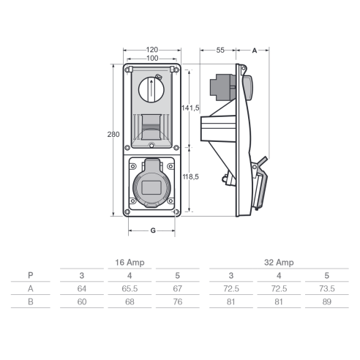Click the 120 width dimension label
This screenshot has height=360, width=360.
pyautogui.click(x=152, y=50)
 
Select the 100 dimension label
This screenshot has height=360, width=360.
pyautogui.click(x=152, y=59)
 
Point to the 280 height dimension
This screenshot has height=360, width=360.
pyautogui.click(x=113, y=135)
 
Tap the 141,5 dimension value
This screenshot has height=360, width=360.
pyautogui.click(x=190, y=108)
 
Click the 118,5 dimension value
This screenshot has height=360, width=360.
pyautogui.click(x=191, y=176)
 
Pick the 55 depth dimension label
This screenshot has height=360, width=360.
pyautogui.click(x=220, y=50)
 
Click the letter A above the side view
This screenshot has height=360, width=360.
pyautogui.click(x=255, y=50)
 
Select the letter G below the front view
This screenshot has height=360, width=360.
pyautogui.click(x=153, y=230)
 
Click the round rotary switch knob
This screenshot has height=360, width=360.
pyautogui.click(x=151, y=89)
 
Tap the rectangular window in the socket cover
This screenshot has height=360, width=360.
pyautogui.click(x=151, y=187)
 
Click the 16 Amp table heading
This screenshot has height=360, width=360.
pyautogui.click(x=130, y=263)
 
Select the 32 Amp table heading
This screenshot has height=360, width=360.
pyautogui.click(x=279, y=263)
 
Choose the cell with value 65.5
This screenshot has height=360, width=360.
pyautogui.click(x=130, y=289)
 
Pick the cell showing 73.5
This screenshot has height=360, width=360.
pyautogui.click(x=327, y=289)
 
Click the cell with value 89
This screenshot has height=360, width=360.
pyautogui.click(x=327, y=302)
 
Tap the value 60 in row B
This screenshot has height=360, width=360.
pyautogui.click(x=82, y=302)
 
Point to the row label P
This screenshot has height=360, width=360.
pyautogui.click(x=31, y=275)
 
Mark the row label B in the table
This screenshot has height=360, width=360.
pyautogui.click(x=31, y=302)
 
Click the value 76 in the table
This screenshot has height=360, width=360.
pyautogui.click(x=178, y=302)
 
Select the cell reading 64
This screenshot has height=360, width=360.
pyautogui.click(x=82, y=289)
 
